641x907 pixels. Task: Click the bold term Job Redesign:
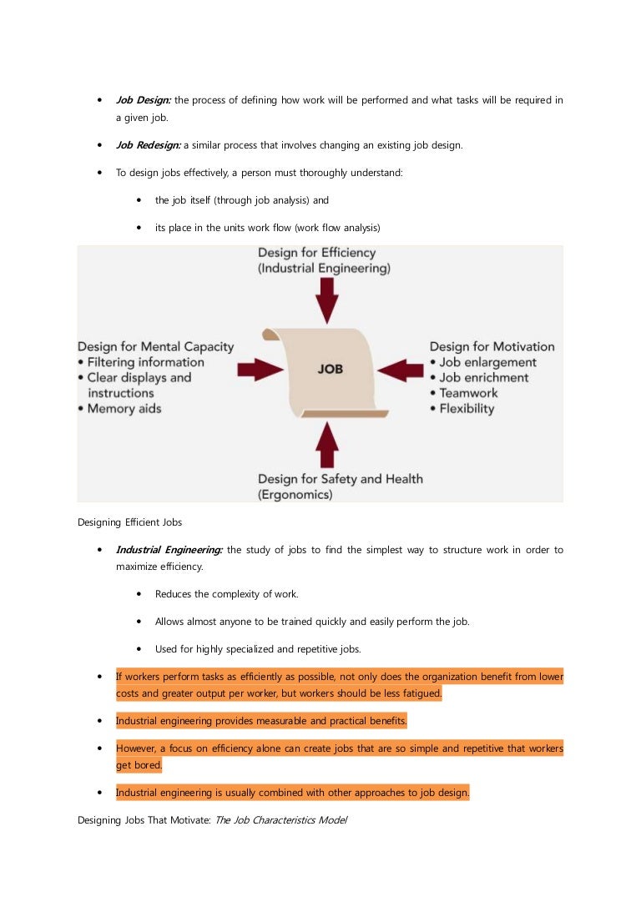click(149, 145)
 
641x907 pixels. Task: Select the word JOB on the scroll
click(330, 369)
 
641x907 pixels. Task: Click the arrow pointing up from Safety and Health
click(328, 445)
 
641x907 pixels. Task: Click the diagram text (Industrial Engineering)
click(324, 269)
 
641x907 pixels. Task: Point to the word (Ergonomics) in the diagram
click(295, 495)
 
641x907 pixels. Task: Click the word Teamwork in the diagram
click(468, 393)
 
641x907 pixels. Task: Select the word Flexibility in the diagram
click(467, 409)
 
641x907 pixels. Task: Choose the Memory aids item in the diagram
click(124, 409)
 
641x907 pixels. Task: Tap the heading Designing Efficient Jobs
click(129, 522)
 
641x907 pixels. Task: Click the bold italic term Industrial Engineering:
click(169, 550)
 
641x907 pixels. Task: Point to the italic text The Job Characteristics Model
click(280, 820)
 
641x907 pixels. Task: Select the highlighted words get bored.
click(139, 765)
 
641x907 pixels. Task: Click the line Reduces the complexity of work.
click(226, 594)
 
